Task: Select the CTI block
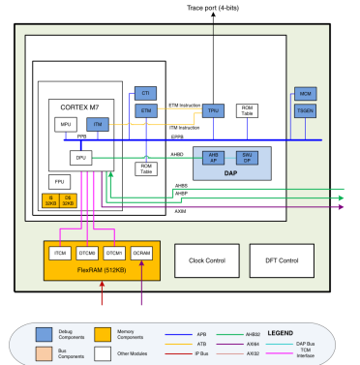145,93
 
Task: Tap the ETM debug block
145,113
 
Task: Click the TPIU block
213,113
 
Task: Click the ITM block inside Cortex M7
97,125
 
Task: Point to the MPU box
66,125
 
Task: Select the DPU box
81,156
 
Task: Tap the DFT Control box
280,258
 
